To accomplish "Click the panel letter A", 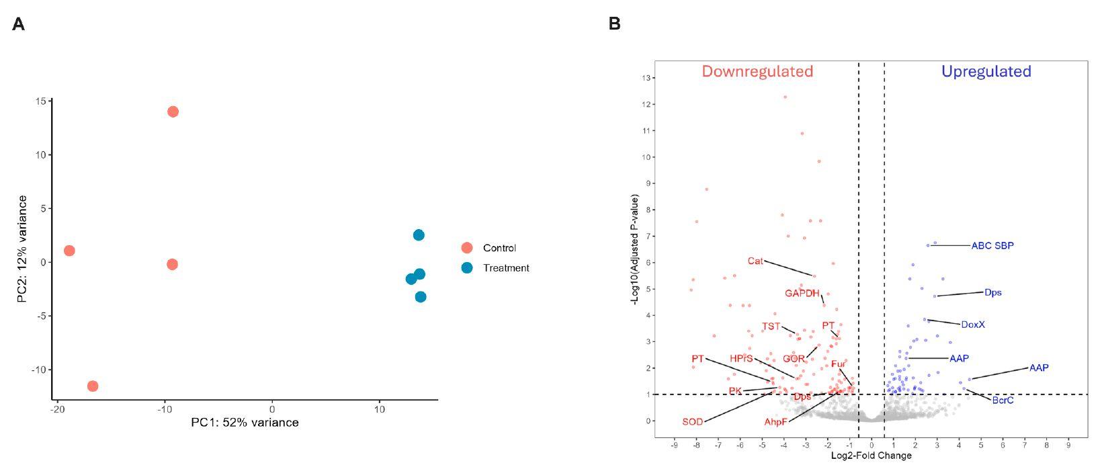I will pyautogui.click(x=19, y=25).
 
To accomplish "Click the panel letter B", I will pyautogui.click(x=614, y=24).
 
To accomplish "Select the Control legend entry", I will pyautogui.click(x=499, y=248).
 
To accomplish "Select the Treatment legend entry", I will pyautogui.click(x=506, y=268).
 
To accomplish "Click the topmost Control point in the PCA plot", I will pyautogui.click(x=173, y=112).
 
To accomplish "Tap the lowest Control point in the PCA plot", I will pyautogui.click(x=93, y=386).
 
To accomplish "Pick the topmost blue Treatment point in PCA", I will pyautogui.click(x=419, y=235).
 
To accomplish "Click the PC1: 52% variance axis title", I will pyautogui.click(x=245, y=423).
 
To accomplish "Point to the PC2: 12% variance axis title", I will pyautogui.click(x=23, y=249).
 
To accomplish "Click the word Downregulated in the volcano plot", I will pyautogui.click(x=757, y=71).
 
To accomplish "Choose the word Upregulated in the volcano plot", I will pyautogui.click(x=986, y=71).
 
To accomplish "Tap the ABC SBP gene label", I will pyautogui.click(x=992, y=246).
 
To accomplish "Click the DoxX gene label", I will pyautogui.click(x=972, y=325).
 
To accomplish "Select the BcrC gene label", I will pyautogui.click(x=1003, y=400).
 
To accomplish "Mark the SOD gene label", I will pyautogui.click(x=692, y=422).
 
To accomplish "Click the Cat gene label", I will pyautogui.click(x=755, y=261).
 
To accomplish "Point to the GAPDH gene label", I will pyautogui.click(x=802, y=293).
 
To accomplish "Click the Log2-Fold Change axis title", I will pyautogui.click(x=871, y=456).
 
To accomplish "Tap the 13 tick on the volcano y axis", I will pyautogui.click(x=646, y=78).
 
